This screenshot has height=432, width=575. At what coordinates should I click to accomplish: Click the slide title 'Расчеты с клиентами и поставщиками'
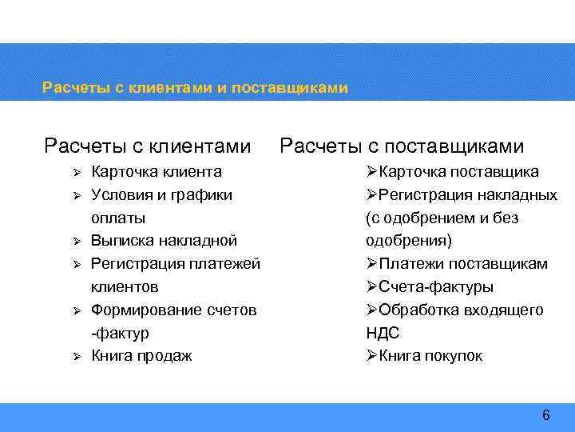pyautogui.click(x=195, y=87)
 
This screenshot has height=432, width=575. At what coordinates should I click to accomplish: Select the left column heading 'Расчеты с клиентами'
pyautogui.click(x=148, y=146)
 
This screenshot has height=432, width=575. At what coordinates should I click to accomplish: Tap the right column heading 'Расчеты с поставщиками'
pyautogui.click(x=402, y=146)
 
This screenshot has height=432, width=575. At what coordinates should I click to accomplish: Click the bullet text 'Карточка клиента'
pyautogui.click(x=157, y=172)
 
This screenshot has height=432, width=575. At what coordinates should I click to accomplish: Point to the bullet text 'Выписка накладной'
pyautogui.click(x=164, y=241)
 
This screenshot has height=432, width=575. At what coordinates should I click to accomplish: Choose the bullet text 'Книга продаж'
pyautogui.click(x=141, y=356)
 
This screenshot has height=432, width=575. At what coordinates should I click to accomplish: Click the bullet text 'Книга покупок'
pyautogui.click(x=430, y=356)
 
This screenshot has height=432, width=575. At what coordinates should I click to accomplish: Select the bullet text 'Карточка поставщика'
pyautogui.click(x=458, y=172)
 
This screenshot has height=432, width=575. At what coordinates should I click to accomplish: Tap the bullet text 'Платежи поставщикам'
pyautogui.click(x=462, y=264)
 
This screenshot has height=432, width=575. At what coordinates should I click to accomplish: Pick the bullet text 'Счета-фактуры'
pyautogui.click(x=435, y=287)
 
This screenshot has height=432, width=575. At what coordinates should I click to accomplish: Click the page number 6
pyautogui.click(x=546, y=415)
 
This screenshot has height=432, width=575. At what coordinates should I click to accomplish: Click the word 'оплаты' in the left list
pyautogui.click(x=118, y=218)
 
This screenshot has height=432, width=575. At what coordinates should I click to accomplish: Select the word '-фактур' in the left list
pyautogui.click(x=120, y=333)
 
